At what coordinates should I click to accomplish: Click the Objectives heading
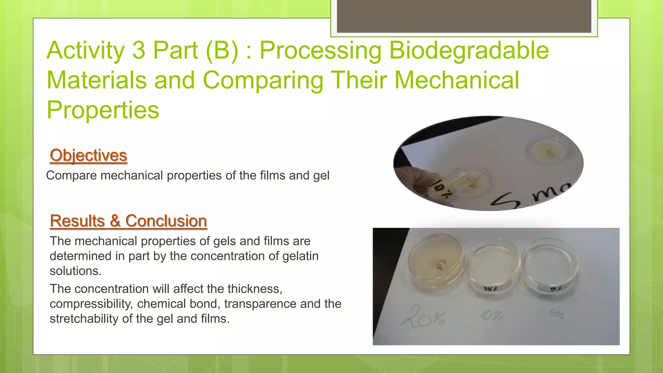[x=88, y=155]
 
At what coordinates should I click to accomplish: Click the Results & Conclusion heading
[x=128, y=221]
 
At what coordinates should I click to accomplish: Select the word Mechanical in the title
[x=456, y=80]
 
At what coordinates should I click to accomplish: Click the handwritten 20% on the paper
[x=423, y=316]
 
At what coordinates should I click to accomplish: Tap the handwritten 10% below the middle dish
[x=491, y=315]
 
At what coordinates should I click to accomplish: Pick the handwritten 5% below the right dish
[x=556, y=314]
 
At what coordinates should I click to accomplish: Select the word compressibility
[x=91, y=304]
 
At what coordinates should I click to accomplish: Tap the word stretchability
[x=84, y=319]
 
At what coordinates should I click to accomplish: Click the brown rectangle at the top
[x=464, y=16]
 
